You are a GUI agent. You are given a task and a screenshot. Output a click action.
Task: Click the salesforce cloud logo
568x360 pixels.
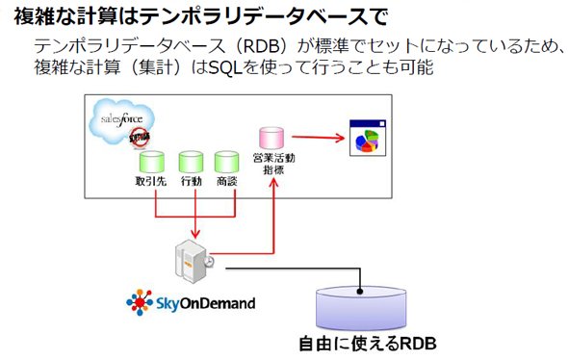(121, 121)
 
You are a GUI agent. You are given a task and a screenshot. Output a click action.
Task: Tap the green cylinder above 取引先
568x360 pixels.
(152, 162)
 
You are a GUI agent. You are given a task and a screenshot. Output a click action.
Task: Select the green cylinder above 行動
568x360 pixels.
(191, 162)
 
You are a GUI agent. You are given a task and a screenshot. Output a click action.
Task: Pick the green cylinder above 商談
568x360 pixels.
(227, 162)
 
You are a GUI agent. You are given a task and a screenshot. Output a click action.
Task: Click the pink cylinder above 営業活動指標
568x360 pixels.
(271, 138)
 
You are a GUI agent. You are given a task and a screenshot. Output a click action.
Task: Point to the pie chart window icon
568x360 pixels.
(368, 138)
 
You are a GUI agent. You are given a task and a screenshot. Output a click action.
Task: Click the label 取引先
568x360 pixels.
(151, 181)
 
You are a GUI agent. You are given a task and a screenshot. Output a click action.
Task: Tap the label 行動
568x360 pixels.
(192, 181)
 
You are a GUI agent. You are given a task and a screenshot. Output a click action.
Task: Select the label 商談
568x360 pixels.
(227, 181)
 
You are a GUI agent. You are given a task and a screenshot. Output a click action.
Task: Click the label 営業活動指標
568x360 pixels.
(273, 164)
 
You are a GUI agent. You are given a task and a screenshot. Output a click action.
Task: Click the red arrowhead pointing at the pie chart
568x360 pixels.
(340, 138)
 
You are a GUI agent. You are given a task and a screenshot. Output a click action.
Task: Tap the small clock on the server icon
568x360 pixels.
(209, 262)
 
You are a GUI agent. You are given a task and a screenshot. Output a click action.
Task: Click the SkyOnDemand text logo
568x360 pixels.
(206, 303)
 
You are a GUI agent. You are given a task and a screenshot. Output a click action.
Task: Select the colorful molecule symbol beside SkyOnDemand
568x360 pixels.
(140, 302)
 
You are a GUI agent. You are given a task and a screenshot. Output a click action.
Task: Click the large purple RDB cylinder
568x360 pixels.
(361, 308)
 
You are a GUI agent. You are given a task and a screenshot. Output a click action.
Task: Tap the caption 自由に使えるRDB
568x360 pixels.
(368, 344)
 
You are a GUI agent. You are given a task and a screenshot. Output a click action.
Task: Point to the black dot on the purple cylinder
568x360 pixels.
(360, 291)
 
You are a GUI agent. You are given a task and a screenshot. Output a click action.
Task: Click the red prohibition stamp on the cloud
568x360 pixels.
(140, 138)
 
